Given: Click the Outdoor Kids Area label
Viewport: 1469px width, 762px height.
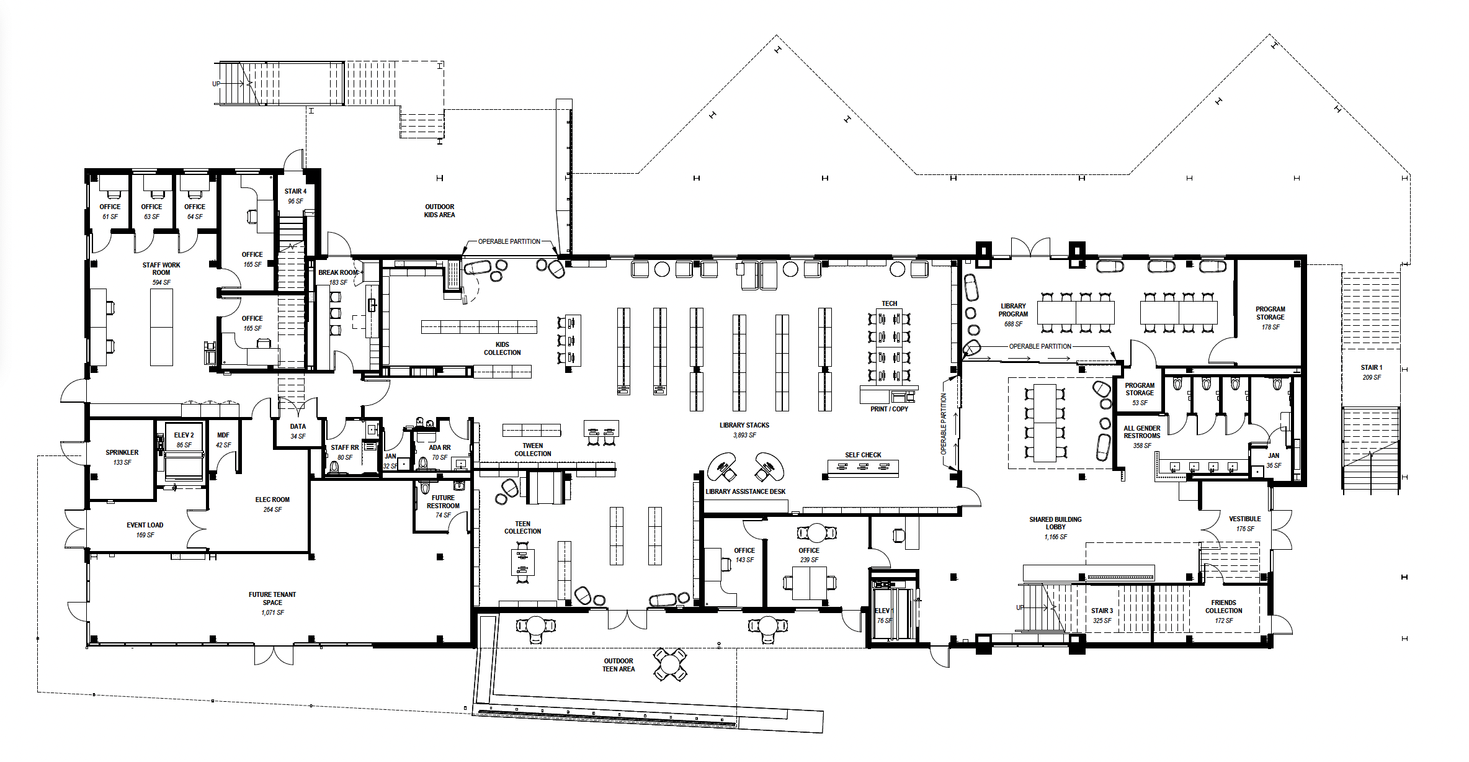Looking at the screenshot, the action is point(439,211).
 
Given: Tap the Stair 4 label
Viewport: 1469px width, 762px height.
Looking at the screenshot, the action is point(295,192).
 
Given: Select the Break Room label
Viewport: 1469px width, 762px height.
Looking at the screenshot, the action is point(338,272).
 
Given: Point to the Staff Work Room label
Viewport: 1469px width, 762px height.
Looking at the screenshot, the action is point(161,269).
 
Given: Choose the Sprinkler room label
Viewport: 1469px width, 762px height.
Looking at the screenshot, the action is point(122,453).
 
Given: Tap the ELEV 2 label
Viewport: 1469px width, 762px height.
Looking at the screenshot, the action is point(184,436).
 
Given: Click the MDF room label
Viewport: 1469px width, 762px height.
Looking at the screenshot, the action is point(223,436).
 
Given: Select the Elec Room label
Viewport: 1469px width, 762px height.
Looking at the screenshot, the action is point(272,500).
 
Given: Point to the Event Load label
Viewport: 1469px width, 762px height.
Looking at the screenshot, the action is point(145,526).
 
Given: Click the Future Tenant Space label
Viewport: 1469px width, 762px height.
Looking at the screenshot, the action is point(272,598).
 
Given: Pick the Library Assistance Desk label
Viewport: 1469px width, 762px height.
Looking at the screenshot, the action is point(745,491).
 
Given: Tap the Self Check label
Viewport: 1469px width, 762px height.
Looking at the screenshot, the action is point(862,455).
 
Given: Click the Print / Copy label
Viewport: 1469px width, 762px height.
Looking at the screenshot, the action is point(889,409).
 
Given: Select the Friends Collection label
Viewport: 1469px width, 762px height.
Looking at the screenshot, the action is point(1223,606).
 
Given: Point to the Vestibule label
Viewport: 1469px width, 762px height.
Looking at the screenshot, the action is point(1244,519).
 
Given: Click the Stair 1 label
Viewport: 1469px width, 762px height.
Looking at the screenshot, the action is point(1371,368).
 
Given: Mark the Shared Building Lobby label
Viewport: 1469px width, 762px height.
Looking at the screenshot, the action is point(1055,523).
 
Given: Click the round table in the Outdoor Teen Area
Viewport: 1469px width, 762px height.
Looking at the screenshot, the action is point(670,664).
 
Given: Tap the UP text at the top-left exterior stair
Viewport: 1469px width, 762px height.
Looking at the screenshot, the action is point(216,84).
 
